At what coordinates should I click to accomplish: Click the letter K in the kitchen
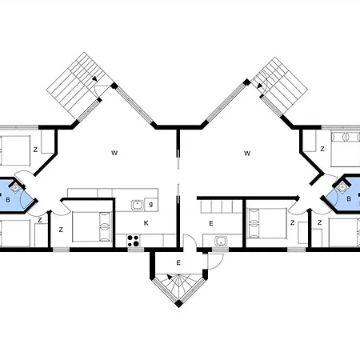click(x=146, y=223)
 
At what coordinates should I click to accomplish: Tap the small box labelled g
click(x=151, y=205)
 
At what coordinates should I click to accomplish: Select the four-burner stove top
click(x=133, y=241)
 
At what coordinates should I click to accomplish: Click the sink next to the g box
click(x=138, y=205)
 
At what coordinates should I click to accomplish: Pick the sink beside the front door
click(x=221, y=241)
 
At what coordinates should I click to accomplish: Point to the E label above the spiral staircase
click(x=178, y=263)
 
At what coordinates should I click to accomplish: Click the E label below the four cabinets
click(x=211, y=223)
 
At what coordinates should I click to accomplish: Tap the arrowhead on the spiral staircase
click(x=170, y=277)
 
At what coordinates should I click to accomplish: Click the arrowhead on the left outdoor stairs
click(x=94, y=78)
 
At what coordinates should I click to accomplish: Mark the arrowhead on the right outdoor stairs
click(x=260, y=86)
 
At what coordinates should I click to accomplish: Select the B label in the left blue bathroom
click(x=8, y=200)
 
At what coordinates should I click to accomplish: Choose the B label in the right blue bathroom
click(x=349, y=199)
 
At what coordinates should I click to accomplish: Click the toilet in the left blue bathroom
click(x=16, y=188)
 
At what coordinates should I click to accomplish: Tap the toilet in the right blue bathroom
click(x=342, y=187)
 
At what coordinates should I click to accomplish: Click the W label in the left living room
click(x=114, y=153)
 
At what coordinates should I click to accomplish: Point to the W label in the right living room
click(x=247, y=154)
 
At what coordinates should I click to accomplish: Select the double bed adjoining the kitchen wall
click(x=91, y=226)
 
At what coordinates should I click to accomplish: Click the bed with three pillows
click(x=346, y=150)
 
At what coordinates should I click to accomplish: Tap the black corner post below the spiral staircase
click(x=179, y=304)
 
